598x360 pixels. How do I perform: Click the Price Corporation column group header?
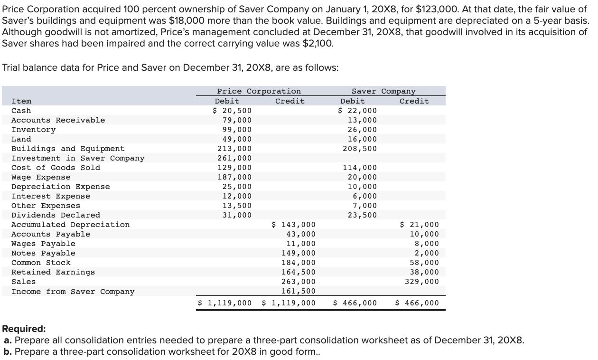tap(259, 91)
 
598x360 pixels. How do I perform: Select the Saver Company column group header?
tap(383, 91)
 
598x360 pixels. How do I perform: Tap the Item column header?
tap(21, 101)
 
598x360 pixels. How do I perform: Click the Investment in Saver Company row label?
tap(78, 158)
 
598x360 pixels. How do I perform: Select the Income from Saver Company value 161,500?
tap(299, 291)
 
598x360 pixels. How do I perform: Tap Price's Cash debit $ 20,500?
tap(232, 111)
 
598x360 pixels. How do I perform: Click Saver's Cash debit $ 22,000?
tap(357, 111)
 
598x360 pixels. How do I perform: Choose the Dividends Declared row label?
tap(56, 215)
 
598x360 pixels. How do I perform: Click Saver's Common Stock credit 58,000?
tap(424, 263)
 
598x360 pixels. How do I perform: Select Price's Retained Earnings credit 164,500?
tap(299, 272)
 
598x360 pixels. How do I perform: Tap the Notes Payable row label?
tap(43, 253)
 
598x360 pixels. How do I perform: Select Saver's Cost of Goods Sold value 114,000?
tap(360, 168)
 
